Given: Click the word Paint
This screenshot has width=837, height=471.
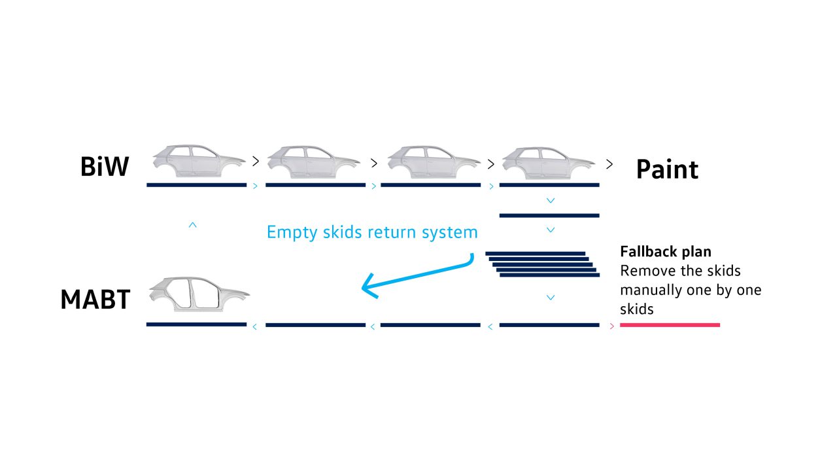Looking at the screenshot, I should (x=667, y=169).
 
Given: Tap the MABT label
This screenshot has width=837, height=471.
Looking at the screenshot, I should (x=95, y=300).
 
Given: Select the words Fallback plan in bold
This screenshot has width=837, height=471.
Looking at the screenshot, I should (x=666, y=251).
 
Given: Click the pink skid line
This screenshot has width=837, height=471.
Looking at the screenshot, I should (x=670, y=324).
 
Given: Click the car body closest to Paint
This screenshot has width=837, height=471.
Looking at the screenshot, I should (x=548, y=162).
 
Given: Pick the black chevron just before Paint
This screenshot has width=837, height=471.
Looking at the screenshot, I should (x=609, y=164).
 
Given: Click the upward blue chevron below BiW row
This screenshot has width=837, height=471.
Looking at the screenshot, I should (x=192, y=224).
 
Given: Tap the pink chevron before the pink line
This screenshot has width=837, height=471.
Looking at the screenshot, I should (x=611, y=326).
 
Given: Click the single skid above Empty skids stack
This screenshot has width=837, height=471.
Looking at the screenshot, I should (x=549, y=215).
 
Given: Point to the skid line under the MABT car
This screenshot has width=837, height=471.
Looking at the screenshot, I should (x=196, y=324).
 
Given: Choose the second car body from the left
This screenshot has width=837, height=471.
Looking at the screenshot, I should (x=314, y=162).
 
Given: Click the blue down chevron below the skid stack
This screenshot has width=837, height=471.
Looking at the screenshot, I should (x=551, y=298).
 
